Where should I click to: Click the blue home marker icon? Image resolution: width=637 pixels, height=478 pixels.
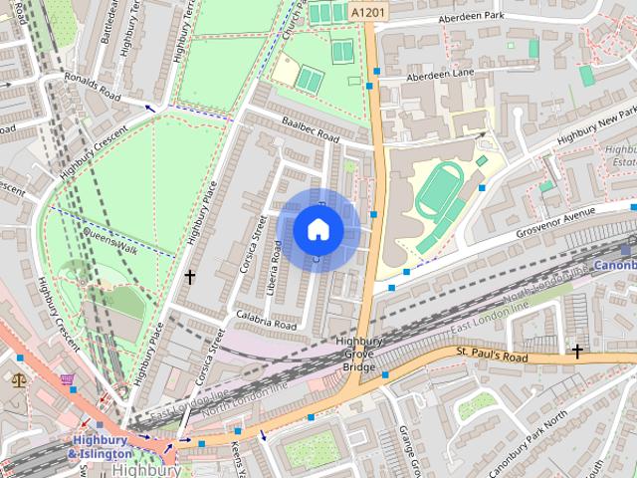pos(318,230)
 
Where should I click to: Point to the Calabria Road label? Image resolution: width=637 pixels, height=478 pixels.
pos(266,321)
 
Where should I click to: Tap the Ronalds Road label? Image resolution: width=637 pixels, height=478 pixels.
pos(92,88)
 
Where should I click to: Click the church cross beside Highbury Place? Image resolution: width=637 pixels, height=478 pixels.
pos(189,276)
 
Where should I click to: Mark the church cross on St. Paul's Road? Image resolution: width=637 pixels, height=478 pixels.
pos(577,351)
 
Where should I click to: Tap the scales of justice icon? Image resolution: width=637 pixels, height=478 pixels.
pos(19,378)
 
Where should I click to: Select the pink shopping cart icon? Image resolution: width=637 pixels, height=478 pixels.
pos(67,379)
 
